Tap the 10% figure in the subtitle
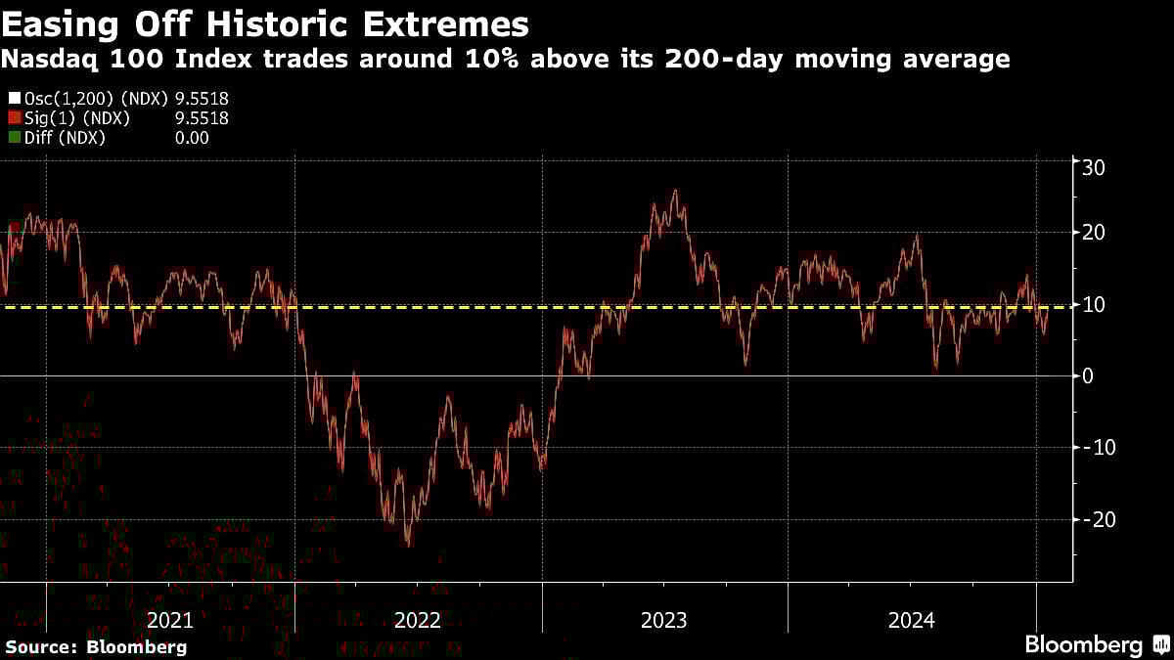[480, 60]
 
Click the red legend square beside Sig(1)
[13, 118]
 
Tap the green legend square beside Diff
[13, 138]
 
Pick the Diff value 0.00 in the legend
[192, 138]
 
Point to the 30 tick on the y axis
[1093, 167]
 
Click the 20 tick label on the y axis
[1093, 233]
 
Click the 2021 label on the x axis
[170, 620]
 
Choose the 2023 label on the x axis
[664, 620]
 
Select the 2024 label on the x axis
[912, 620]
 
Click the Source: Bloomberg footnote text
[96, 646]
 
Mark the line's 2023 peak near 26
[674, 191]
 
